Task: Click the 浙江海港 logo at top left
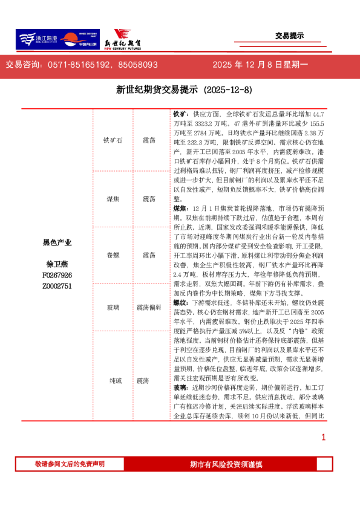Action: [37, 39]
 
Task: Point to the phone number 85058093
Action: [137, 64]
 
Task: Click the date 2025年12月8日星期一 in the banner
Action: [260, 64]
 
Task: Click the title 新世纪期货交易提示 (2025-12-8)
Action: [180, 90]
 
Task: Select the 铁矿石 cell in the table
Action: [113, 140]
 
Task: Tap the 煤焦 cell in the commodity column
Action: [113, 198]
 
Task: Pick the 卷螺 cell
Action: [113, 255]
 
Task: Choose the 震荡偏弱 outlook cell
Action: [149, 307]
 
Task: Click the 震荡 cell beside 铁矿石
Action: [149, 140]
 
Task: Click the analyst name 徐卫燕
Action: [57, 264]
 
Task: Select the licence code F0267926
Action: [57, 275]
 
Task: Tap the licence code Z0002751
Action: [57, 285]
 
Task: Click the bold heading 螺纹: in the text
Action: [180, 301]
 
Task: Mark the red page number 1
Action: [324, 436]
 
